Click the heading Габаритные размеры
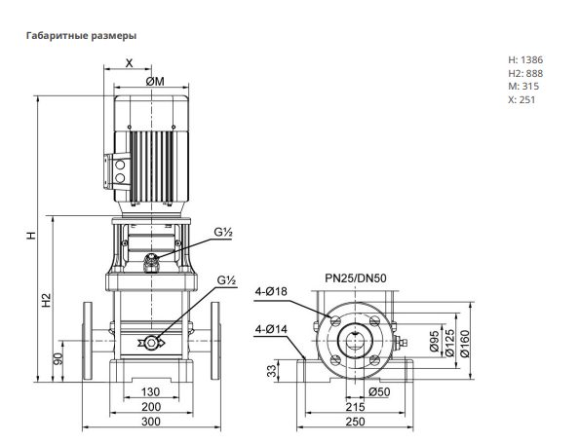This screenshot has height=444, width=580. pyautogui.click(x=81, y=35)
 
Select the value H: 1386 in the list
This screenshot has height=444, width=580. pyautogui.click(x=525, y=59)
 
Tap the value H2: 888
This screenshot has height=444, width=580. pyautogui.click(x=525, y=73)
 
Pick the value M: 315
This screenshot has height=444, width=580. pyautogui.click(x=523, y=86)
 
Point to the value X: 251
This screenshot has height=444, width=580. pyautogui.click(x=522, y=99)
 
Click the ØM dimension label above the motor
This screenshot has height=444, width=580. pyautogui.click(x=155, y=81)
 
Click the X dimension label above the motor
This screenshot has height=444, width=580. pyautogui.click(x=129, y=63)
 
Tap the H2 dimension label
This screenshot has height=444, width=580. pyautogui.click(x=46, y=300)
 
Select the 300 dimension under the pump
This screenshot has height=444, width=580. pyautogui.click(x=151, y=422)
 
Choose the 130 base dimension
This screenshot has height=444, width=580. pyautogui.click(x=150, y=391)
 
